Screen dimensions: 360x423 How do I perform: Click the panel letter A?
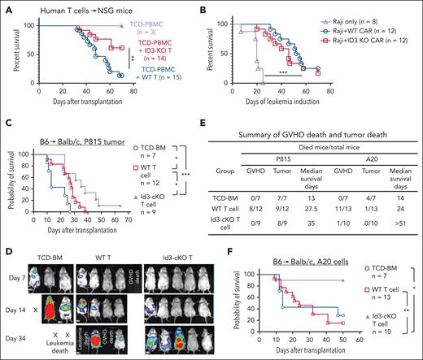coord(6,7)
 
